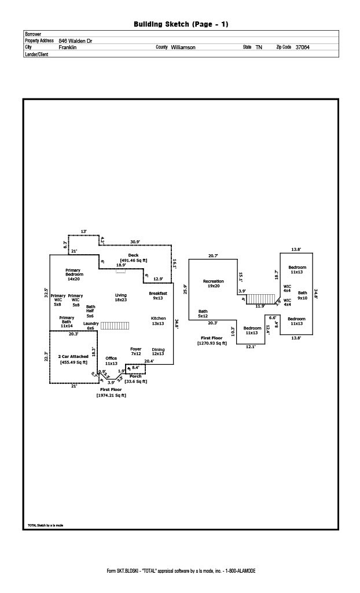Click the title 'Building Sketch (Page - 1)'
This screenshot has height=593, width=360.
181,24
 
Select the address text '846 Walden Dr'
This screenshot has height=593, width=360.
75,41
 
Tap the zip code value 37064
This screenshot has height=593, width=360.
302,47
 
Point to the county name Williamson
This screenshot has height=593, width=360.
183,47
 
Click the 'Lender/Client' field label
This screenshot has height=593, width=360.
36,54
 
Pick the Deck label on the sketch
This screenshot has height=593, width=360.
133,255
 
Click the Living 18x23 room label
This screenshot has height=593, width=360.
120,297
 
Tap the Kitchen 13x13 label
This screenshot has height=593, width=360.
158,321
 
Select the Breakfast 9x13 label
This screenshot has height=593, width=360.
158,296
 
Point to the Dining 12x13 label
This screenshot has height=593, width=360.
158,352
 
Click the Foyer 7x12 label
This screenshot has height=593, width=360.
136,352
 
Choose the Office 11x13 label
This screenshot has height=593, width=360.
111,361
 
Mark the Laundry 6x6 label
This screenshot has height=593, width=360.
91,325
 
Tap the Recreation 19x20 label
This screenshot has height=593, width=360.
214,283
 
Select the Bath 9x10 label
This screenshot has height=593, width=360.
303,295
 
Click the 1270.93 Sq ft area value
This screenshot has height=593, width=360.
212,343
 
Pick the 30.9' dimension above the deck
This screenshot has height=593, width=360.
135,241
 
